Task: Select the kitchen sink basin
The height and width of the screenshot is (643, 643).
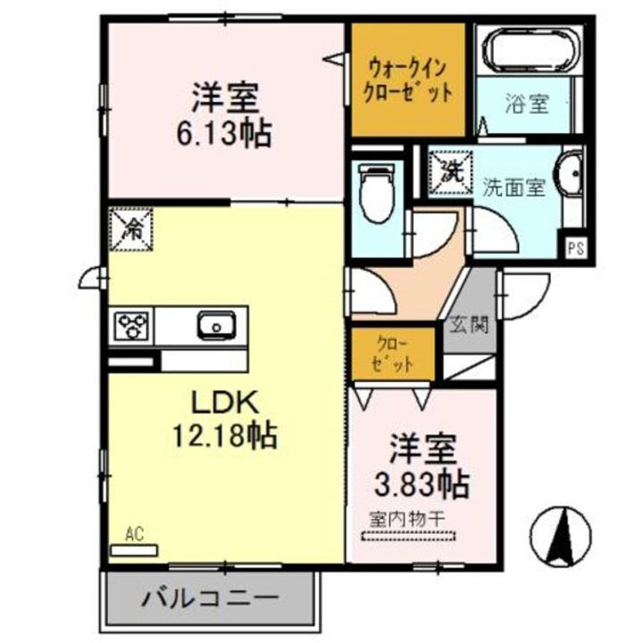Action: [214, 325]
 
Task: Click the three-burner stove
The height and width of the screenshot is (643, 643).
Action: [133, 326]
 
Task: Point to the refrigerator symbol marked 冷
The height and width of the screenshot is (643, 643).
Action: [130, 229]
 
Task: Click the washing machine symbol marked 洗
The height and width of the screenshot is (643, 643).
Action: [447, 170]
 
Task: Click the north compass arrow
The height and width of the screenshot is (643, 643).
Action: [563, 534]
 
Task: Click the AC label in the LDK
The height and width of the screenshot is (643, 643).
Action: [134, 534]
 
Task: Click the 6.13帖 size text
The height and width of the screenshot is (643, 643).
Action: [223, 135]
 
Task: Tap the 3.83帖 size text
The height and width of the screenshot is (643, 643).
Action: [420, 486]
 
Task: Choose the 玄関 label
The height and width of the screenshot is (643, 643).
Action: [469, 324]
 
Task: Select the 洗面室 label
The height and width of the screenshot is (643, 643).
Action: [514, 188]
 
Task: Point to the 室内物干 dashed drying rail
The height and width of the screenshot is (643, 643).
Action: [407, 538]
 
